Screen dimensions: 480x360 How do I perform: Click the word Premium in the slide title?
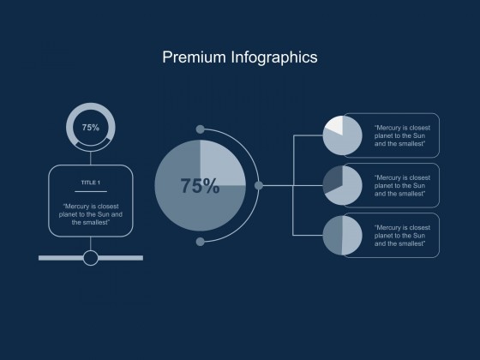click(194, 57)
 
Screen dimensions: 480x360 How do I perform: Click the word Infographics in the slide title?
click(274, 58)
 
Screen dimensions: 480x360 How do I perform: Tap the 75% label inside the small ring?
click(91, 128)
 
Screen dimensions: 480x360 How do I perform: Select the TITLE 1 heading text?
click(91, 183)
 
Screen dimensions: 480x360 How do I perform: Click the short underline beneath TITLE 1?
click(91, 192)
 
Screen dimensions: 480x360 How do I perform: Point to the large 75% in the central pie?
click(200, 186)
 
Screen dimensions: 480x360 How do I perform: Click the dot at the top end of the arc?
click(201, 129)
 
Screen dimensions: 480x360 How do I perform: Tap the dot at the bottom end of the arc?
click(201, 242)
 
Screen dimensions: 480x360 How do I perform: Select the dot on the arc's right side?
click(259, 185)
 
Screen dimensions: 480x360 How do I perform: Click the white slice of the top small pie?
click(336, 124)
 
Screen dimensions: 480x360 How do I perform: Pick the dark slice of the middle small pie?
click(332, 180)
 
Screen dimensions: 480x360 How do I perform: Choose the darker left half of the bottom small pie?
click(333, 235)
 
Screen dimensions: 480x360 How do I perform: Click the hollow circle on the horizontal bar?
click(91, 258)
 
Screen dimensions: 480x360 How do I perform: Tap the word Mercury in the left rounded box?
click(76, 207)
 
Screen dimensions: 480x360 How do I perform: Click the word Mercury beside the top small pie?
click(387, 128)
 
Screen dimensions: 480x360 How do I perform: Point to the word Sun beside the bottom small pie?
click(419, 236)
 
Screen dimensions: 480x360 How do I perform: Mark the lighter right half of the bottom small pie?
click(352, 235)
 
